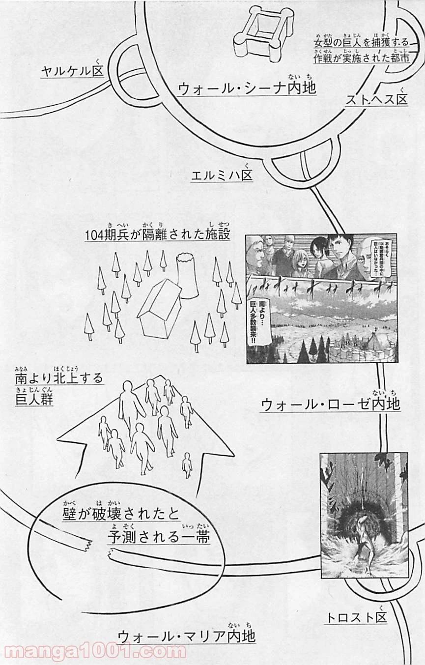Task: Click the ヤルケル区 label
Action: pos(72,72)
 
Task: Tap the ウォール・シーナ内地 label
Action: pos(247,88)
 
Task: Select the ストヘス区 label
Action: pos(376,100)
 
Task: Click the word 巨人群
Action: pos(34,400)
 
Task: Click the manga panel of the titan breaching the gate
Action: pos(364,515)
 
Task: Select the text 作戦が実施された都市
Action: pos(361,58)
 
